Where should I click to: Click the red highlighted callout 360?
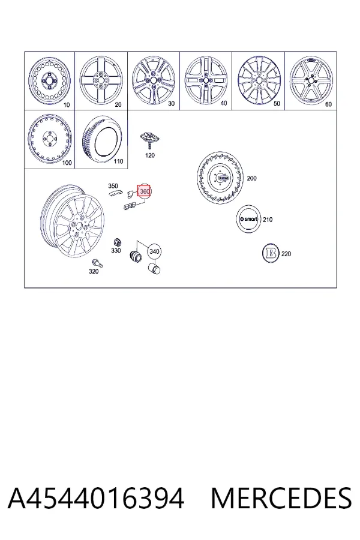click(144, 190)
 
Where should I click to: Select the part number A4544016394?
click(96, 498)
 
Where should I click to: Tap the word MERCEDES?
click(281, 498)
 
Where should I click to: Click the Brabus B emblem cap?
click(271, 253)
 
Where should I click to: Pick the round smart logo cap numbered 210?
click(248, 219)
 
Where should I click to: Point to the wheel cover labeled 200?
click(220, 178)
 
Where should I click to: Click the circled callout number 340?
click(154, 251)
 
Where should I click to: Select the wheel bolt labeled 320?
click(97, 263)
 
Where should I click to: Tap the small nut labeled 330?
click(117, 241)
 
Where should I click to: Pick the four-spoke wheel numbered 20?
click(101, 80)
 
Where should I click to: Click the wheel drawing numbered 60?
click(311, 80)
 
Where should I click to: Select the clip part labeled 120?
click(149, 139)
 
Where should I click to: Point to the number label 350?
click(113, 186)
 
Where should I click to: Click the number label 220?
click(286, 254)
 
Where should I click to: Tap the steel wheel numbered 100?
click(50, 139)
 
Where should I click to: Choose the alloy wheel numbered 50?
click(259, 80)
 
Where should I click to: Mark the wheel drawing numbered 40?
click(206, 80)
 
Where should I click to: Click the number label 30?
click(171, 103)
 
